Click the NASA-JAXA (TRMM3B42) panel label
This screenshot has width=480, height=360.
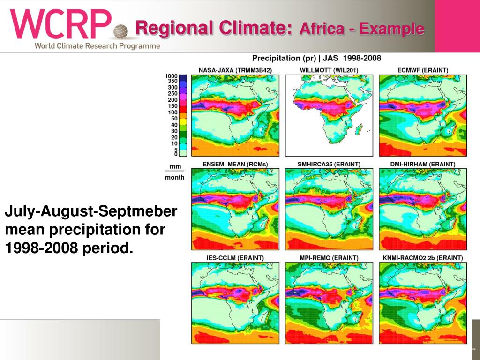tap(235, 70)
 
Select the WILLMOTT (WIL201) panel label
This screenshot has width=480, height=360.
tap(329, 70)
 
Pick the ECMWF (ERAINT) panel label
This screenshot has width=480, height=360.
tap(422, 70)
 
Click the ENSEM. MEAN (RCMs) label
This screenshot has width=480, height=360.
tap(235, 164)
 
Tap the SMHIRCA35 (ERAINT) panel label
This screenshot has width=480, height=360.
tap(329, 164)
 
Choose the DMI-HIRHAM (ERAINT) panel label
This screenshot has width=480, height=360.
tap(422, 164)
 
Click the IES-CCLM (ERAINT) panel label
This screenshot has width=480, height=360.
tap(235, 258)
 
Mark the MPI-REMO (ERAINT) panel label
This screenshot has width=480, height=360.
tap(329, 258)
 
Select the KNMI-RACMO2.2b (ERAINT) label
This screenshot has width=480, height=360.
tap(422, 258)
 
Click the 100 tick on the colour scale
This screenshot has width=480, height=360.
tap(172, 112)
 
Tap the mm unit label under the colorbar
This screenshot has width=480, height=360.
tap(175, 167)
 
